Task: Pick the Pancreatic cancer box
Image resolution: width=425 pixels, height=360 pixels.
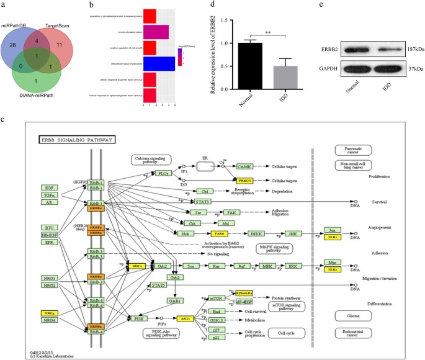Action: click(352, 150)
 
